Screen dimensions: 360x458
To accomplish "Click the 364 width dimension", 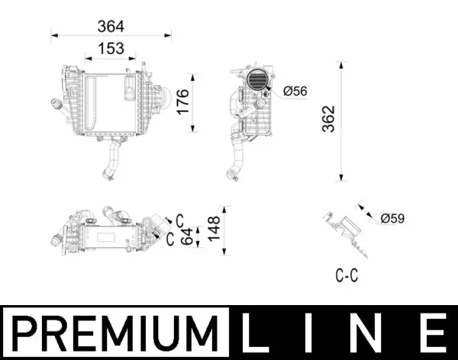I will coord(111,26).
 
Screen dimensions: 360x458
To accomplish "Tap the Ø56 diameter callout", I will coord(295,92).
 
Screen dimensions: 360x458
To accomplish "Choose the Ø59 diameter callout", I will coord(392,219).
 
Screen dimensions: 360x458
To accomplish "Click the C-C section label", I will coord(347,276).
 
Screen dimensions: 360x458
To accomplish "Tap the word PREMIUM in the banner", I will coord(114,333).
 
